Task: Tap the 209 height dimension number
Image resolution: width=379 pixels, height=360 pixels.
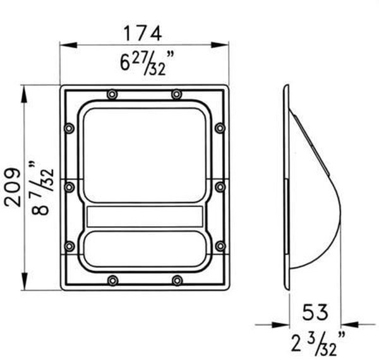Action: pyautogui.click(x=13, y=187)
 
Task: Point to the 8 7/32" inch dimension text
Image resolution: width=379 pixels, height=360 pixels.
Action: pyautogui.click(x=44, y=188)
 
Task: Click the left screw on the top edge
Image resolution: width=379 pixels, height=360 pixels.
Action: pyautogui.click(x=112, y=94)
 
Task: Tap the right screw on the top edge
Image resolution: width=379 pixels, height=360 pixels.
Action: pyautogui.click(x=176, y=94)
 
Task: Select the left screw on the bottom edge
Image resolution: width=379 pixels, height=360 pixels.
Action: pyautogui.click(x=112, y=280)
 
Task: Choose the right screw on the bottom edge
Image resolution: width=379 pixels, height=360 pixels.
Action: pyautogui.click(x=177, y=280)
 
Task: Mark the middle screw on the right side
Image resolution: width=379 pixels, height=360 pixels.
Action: pyautogui.click(x=219, y=187)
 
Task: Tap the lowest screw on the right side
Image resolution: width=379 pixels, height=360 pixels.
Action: pyautogui.click(x=219, y=245)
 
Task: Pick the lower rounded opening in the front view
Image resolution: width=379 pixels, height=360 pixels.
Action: pyautogui.click(x=145, y=249)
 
